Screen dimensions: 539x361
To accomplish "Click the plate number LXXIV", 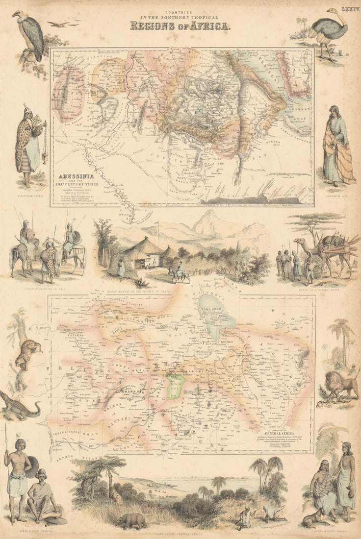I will tap(350, 9).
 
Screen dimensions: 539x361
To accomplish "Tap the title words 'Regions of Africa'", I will tap(180, 25).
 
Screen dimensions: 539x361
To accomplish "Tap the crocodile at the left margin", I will tap(19, 406).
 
